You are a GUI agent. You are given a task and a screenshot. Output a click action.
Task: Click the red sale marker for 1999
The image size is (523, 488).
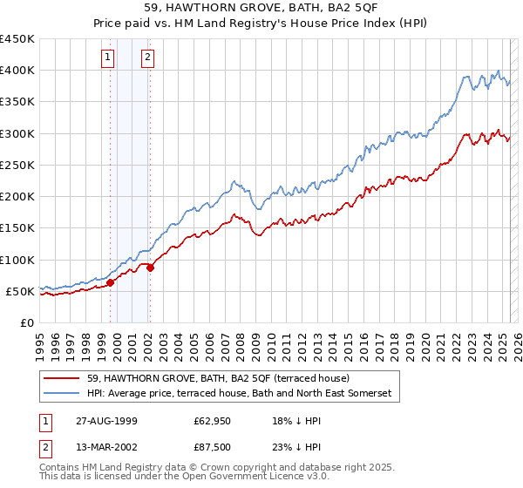point(111,282)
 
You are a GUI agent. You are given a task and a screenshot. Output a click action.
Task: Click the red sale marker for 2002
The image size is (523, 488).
point(150,268)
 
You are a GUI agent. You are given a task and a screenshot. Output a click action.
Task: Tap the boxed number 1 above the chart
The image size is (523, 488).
point(107,58)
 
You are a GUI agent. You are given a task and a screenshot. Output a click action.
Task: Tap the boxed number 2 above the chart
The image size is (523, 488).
point(147,58)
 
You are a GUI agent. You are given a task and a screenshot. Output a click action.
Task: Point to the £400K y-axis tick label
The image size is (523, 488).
point(17,71)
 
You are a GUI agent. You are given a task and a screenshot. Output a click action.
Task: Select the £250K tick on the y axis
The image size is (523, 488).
point(17,165)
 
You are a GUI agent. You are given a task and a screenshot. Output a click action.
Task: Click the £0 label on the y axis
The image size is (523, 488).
point(26,322)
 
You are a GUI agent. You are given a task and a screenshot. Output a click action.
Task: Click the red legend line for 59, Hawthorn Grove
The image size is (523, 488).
point(62,379)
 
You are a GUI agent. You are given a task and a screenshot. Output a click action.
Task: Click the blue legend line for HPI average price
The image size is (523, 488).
point(62,394)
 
